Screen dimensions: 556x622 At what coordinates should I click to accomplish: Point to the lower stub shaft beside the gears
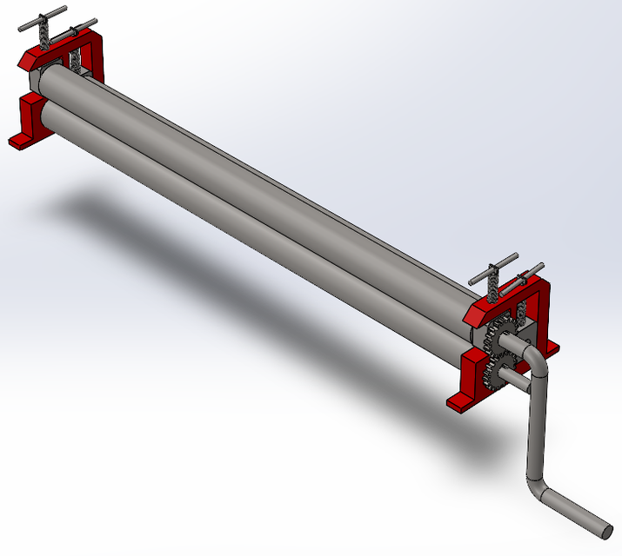point(512,380)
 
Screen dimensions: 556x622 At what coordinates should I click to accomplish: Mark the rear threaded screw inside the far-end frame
point(76,61)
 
